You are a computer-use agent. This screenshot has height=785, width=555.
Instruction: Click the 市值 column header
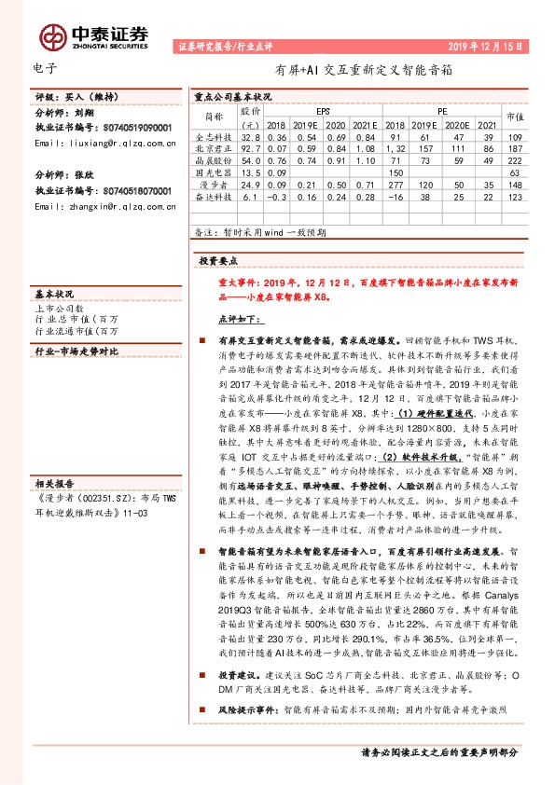514,117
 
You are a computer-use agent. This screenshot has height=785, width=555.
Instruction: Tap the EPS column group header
323,110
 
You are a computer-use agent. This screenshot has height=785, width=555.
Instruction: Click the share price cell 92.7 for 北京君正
249,148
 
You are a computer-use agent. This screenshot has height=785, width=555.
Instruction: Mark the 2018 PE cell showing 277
395,185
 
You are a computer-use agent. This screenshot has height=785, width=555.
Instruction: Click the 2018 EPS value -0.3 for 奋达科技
276,197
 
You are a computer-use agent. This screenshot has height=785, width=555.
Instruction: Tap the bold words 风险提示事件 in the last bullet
243,709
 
